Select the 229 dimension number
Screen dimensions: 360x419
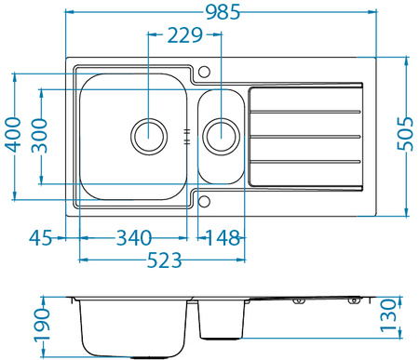(185, 36)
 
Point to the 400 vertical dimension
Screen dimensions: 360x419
(12, 136)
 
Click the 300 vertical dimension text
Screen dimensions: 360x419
(37, 136)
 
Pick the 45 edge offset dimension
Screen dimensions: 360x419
(40, 237)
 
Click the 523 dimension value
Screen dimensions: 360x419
(164, 261)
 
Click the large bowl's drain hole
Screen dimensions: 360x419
(148, 135)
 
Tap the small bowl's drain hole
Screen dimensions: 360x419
(221, 135)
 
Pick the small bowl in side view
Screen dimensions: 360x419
(222, 320)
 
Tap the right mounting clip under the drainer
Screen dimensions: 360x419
(354, 302)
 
